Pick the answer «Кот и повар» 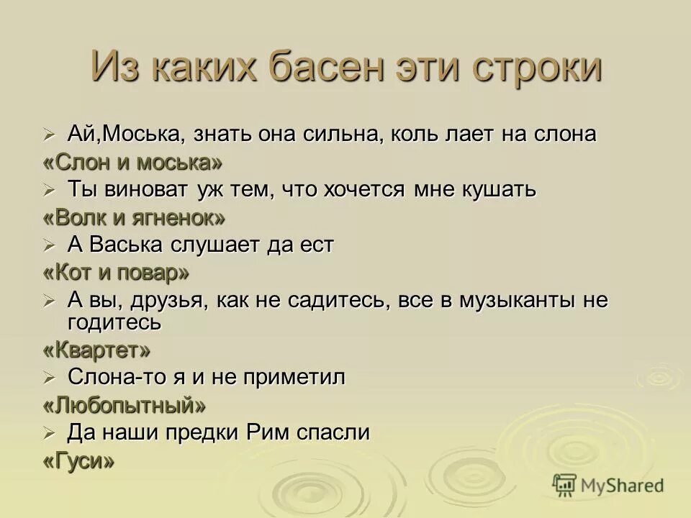[117, 272]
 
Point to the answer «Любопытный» [125, 405]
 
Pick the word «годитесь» [114, 322]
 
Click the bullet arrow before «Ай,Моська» [49, 135]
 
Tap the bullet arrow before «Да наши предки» [49, 433]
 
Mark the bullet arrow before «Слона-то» [49, 378]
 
